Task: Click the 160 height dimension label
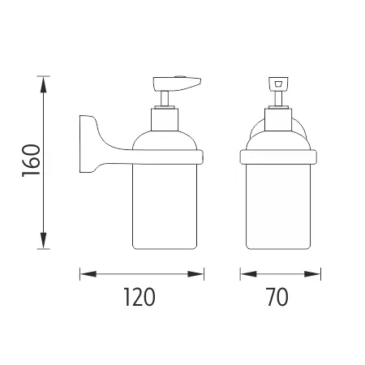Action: (31, 161)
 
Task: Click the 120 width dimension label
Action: (140, 297)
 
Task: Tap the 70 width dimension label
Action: (277, 297)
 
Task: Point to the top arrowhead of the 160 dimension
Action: (43, 84)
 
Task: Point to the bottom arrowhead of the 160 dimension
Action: (43, 240)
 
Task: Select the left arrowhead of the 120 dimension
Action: (88, 274)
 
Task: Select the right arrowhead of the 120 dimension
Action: (195, 274)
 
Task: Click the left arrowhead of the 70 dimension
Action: (248, 274)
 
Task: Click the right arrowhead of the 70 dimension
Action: (312, 274)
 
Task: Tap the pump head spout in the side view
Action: (176, 84)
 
